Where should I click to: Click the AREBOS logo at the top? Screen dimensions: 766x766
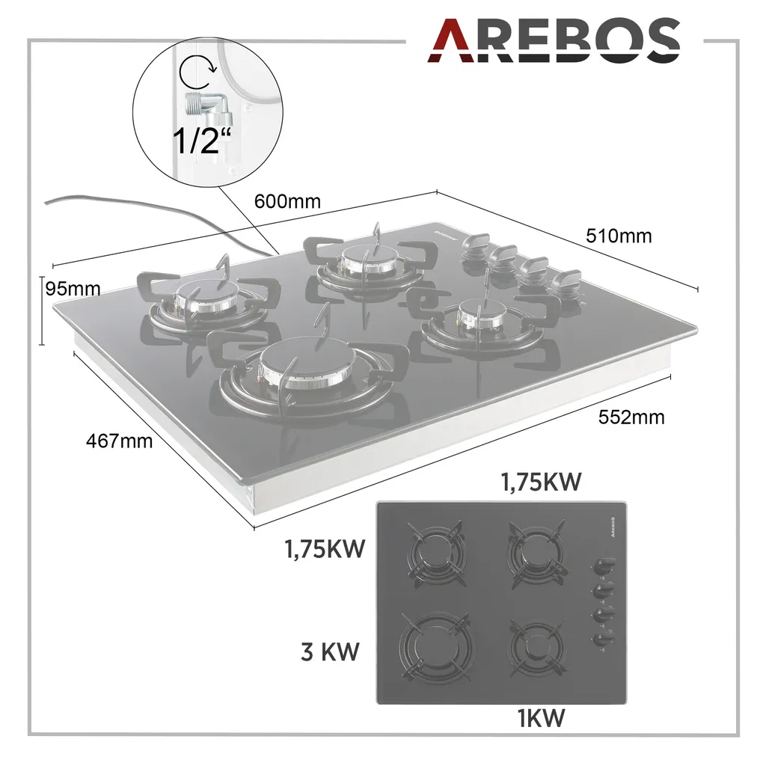click(x=554, y=40)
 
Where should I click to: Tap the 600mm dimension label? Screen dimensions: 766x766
click(x=287, y=201)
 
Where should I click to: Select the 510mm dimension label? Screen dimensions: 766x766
click(x=619, y=236)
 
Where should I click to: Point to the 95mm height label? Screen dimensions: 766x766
click(x=73, y=289)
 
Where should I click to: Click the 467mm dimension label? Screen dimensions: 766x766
click(x=119, y=441)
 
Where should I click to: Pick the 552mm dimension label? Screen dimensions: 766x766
click(x=631, y=417)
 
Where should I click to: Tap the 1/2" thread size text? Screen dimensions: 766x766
click(x=201, y=140)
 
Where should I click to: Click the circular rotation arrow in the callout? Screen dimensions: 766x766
click(x=197, y=73)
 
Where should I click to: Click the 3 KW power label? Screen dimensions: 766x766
click(x=330, y=652)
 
